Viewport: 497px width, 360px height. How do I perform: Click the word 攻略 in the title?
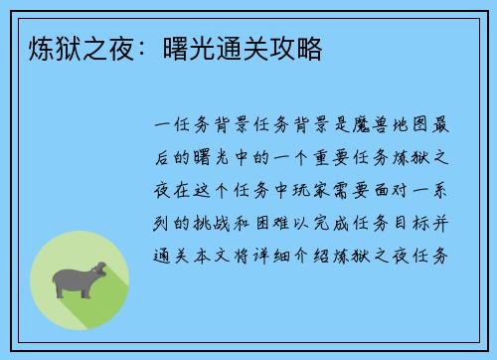click(297, 48)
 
